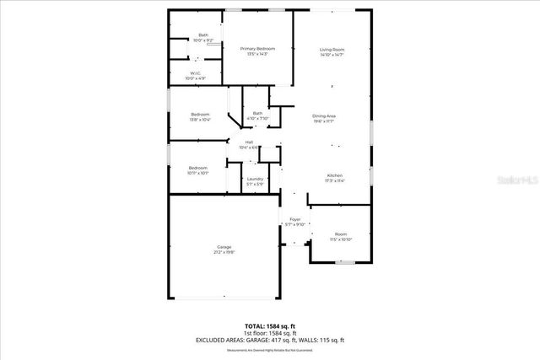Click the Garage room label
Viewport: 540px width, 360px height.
pyautogui.click(x=224, y=246)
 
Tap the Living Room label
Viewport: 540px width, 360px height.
pyautogui.click(x=332, y=50)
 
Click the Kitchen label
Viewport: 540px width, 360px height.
pyautogui.click(x=336, y=175)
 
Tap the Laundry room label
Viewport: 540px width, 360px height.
pyautogui.click(x=254, y=178)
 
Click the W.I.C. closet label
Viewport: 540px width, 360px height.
pyautogui.click(x=194, y=73)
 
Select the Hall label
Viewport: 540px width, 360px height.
pyautogui.click(x=250, y=142)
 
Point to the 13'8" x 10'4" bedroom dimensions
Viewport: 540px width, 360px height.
pyautogui.click(x=200, y=120)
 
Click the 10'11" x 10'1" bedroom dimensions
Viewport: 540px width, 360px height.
pyautogui.click(x=197, y=173)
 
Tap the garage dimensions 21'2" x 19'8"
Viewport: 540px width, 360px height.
pyautogui.click(x=224, y=251)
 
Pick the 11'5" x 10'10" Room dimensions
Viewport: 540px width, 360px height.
pyautogui.click(x=340, y=239)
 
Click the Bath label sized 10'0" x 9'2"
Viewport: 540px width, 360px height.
pyautogui.click(x=202, y=40)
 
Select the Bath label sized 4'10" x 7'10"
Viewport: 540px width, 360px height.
pyautogui.click(x=257, y=118)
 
